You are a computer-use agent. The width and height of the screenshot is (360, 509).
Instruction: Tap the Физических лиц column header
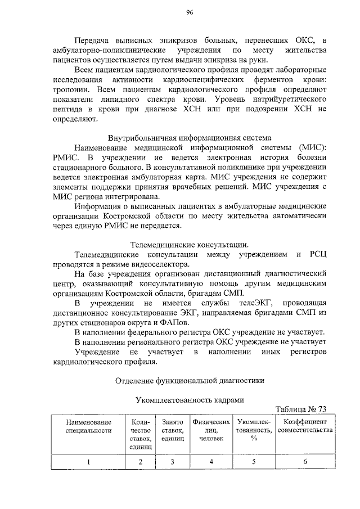coord(211,430)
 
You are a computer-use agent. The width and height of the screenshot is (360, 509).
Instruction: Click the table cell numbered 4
coord(211,462)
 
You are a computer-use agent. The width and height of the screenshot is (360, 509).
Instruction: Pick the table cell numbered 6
coord(305,462)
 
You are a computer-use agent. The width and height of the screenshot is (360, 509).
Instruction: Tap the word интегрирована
coord(127,196)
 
